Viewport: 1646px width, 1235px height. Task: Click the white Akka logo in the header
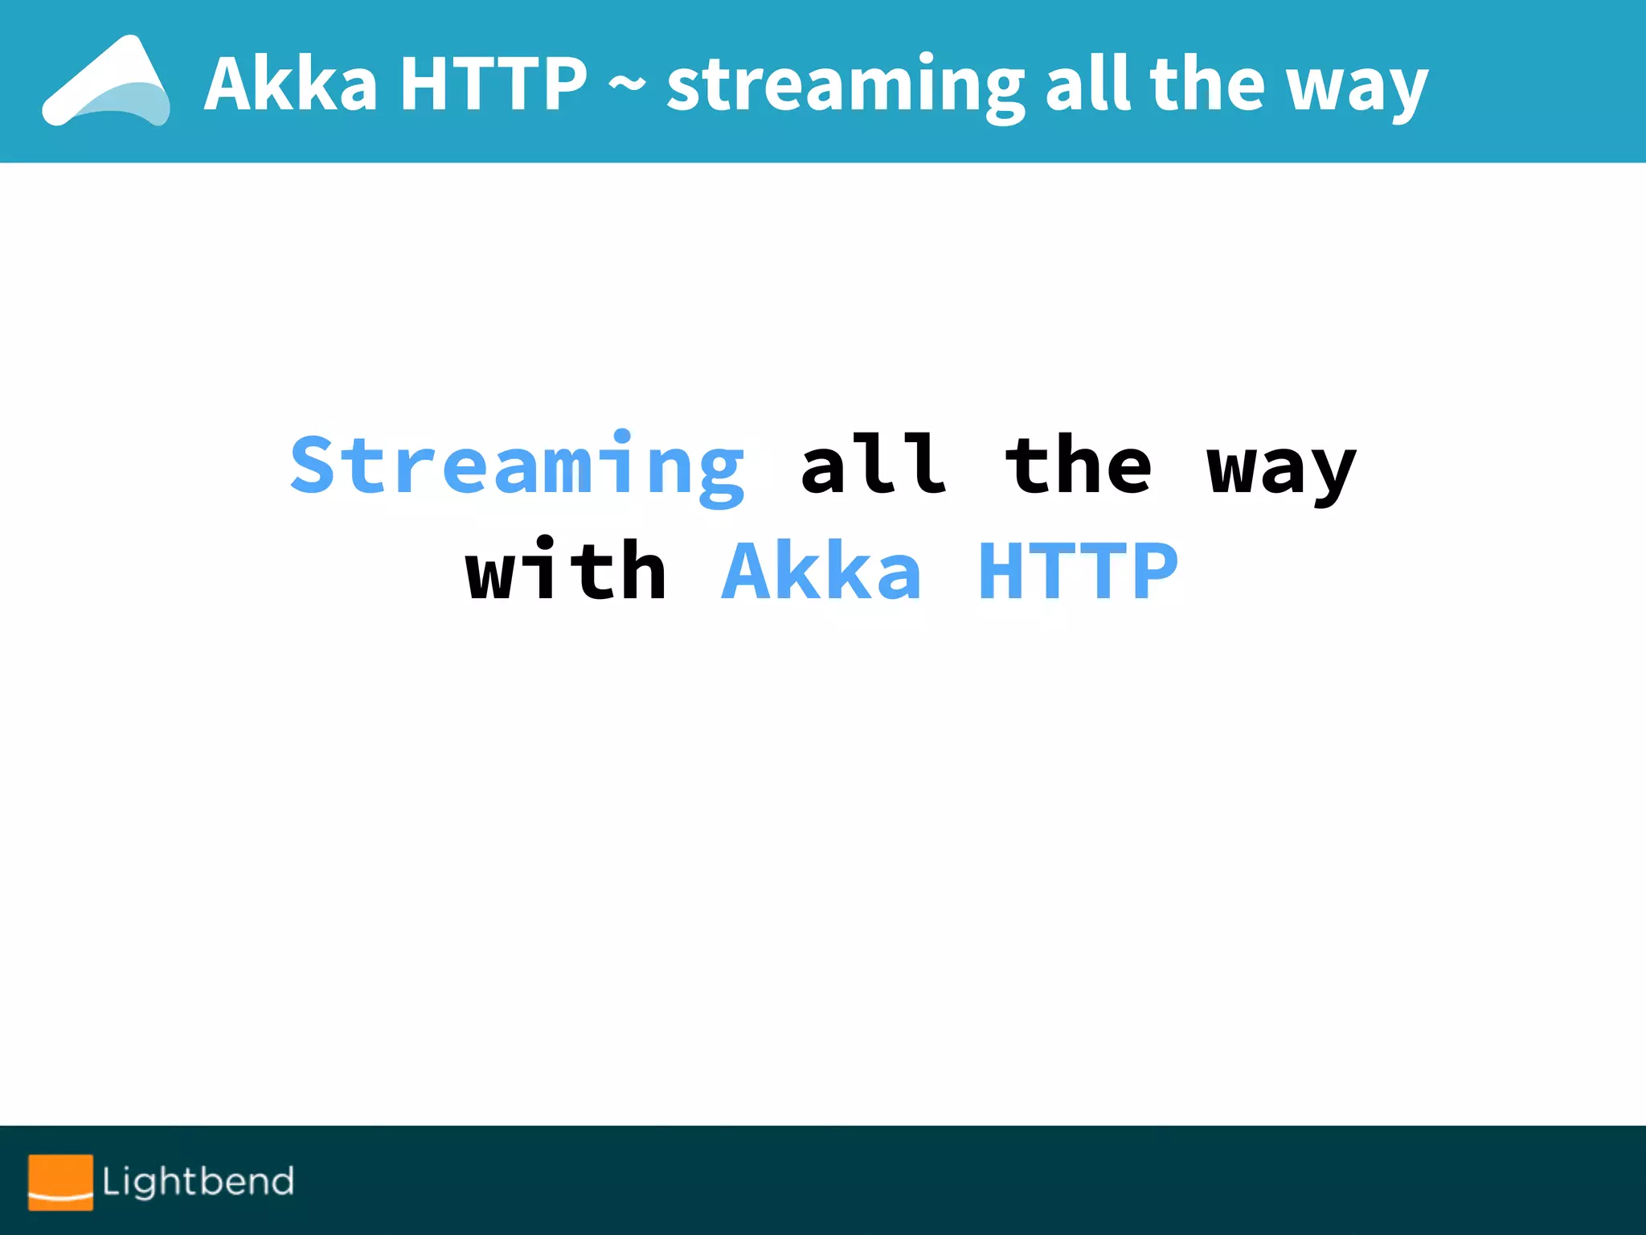(105, 82)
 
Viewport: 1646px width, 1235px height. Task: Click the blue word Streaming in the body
(518, 467)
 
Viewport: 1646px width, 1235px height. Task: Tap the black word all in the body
(874, 465)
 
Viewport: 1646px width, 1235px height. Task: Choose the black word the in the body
(1079, 465)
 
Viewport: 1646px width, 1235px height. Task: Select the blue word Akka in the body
(821, 570)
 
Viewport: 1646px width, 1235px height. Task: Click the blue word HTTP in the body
(1078, 570)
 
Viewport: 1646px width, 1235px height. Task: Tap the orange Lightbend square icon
(60, 1182)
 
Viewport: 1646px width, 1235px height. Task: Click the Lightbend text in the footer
(199, 1182)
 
